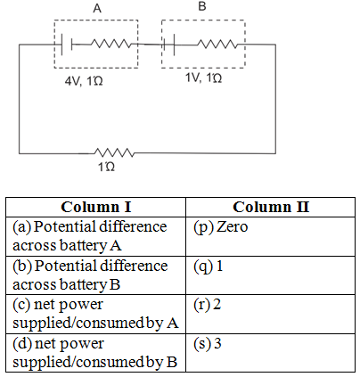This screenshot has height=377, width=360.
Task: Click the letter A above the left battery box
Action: [x=97, y=8]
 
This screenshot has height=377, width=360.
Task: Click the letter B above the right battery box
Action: [x=202, y=6]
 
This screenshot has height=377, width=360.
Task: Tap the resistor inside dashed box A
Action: [x=110, y=44]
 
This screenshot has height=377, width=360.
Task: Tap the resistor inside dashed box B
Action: [x=217, y=45]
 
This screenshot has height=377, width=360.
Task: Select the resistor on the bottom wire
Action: [x=114, y=152]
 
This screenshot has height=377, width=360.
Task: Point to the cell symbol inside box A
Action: [x=67, y=45]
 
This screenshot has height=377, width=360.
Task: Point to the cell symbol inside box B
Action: [x=169, y=45]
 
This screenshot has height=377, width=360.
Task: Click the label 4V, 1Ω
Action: [x=84, y=81]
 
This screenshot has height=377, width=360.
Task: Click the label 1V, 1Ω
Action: [x=203, y=78]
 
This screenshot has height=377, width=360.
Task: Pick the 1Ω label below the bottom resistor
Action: [x=106, y=167]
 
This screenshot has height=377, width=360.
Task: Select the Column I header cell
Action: [x=95, y=207]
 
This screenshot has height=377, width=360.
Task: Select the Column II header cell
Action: [x=270, y=207]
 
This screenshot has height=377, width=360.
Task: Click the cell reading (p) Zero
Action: [x=270, y=236]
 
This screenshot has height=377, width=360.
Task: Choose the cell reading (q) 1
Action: [x=270, y=275]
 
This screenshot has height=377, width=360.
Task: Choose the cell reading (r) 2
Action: [x=270, y=314]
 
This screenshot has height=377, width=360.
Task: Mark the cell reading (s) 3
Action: [x=270, y=353]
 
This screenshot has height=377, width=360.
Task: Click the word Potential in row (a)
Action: [x=65, y=226]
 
